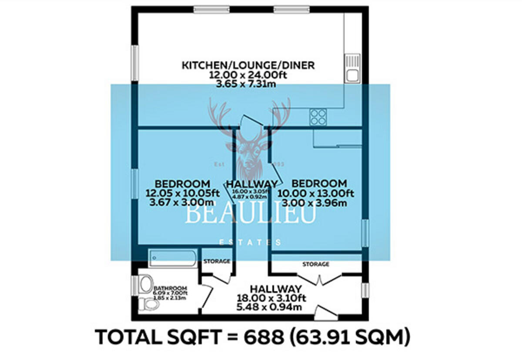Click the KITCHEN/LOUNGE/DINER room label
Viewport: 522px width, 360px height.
(248, 66)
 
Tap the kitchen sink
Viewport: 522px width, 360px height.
(352, 68)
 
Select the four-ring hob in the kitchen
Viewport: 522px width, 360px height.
(318, 116)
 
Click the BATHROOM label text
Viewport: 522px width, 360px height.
(171, 288)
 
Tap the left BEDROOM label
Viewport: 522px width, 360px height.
(182, 184)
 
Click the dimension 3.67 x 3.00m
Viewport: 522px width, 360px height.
(182, 203)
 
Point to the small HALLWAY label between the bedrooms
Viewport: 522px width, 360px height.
(252, 184)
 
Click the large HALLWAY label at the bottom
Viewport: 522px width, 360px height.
(275, 289)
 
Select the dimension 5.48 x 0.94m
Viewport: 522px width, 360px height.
(275, 307)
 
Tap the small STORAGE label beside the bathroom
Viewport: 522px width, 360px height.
(217, 261)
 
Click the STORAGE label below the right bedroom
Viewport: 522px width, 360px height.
(316, 264)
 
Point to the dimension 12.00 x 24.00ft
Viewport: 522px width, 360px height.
(248, 75)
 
